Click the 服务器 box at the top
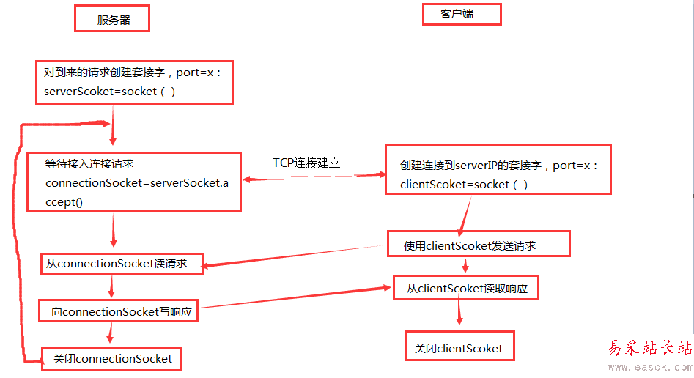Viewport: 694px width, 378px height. point(112,20)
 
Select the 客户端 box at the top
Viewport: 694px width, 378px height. point(462,15)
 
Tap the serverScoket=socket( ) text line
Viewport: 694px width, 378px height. point(110,92)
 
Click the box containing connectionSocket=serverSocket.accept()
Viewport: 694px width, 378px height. point(134,182)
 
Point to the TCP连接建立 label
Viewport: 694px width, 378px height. point(306,163)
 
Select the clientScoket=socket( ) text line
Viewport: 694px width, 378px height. point(464,185)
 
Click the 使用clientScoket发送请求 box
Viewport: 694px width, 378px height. point(479,245)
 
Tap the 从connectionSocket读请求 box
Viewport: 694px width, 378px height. point(122,264)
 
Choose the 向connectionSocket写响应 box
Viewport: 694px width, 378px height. point(120,312)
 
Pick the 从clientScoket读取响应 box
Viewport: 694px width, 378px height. point(467,289)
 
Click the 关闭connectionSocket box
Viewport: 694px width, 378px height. point(111,359)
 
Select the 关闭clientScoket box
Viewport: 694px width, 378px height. point(459,347)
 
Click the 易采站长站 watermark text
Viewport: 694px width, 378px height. point(650,349)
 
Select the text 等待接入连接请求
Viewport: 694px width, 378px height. point(89,164)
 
